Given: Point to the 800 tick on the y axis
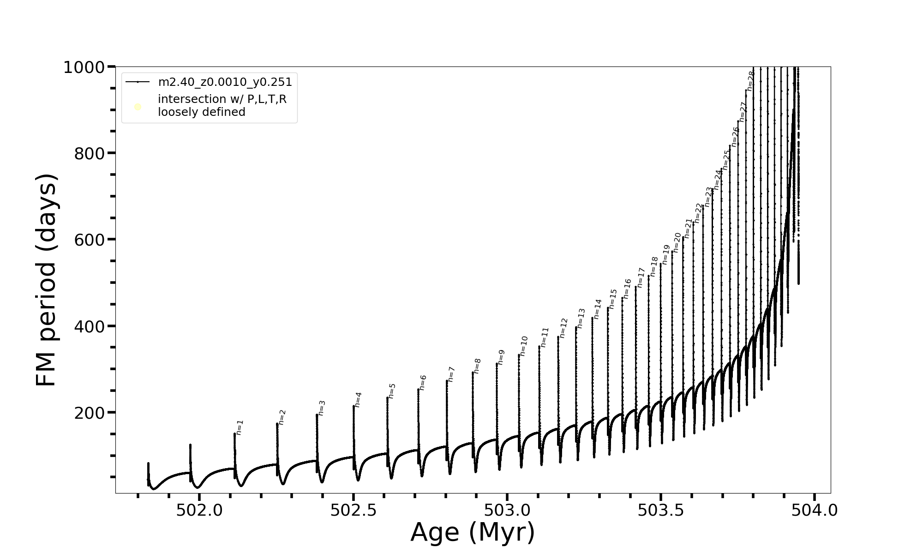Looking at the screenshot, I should tap(89, 154).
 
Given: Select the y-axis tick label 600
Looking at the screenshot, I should tap(89, 240).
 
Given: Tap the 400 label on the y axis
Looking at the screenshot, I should tap(89, 326).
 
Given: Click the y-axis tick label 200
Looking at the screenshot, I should tap(89, 413).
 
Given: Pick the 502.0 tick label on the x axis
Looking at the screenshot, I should tap(199, 510).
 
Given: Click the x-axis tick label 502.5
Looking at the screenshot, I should tap(353, 510).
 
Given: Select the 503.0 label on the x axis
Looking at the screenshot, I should tap(507, 510).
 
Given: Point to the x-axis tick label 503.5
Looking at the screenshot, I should tap(660, 510).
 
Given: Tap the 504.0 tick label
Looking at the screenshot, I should tap(814, 510).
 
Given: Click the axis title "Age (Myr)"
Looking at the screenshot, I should tap(473, 532).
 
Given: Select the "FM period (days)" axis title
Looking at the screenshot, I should tap(46, 280).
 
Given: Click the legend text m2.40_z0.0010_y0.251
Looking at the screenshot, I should tap(225, 82).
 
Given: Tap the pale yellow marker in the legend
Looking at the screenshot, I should tap(138, 107).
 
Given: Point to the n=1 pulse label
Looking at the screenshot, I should tap(239, 428).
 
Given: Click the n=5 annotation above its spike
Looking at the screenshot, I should tap(392, 391).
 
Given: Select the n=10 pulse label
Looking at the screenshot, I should tap(523, 346).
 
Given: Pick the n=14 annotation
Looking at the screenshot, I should tap(598, 309).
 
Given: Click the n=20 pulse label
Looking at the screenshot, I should tap(677, 242).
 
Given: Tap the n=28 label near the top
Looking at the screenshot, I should tap(750, 81).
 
